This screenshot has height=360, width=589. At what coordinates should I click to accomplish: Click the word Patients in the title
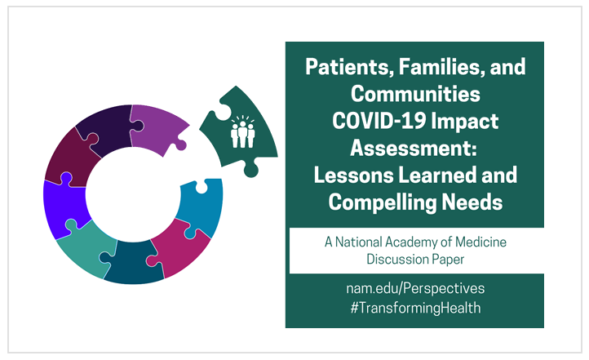(x=349, y=67)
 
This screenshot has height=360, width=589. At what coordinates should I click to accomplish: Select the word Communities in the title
(x=415, y=94)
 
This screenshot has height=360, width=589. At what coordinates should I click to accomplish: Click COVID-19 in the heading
(x=379, y=121)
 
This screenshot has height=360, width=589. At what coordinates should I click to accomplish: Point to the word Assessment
(x=414, y=148)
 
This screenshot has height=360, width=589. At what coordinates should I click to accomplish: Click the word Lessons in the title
(x=353, y=176)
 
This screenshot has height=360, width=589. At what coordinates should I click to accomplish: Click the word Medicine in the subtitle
(x=480, y=242)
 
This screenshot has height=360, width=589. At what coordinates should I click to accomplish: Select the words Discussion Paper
(x=415, y=260)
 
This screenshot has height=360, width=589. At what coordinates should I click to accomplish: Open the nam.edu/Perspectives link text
(x=415, y=289)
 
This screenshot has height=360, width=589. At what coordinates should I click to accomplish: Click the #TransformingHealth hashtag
(x=415, y=308)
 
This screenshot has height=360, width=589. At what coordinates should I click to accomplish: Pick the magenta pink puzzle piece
(x=180, y=248)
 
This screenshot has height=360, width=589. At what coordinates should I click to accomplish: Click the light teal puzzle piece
(x=86, y=248)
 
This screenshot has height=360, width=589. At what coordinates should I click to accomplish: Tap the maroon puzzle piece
(x=69, y=158)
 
